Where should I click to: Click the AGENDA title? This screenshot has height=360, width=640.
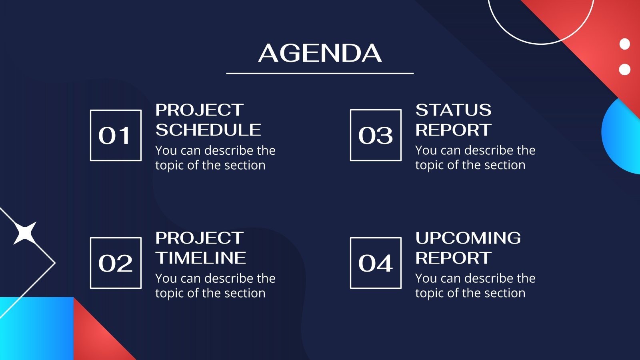320,53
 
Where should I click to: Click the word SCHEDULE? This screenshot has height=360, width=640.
208,130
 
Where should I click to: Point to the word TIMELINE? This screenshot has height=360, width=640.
200,258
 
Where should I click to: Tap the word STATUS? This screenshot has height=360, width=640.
454,110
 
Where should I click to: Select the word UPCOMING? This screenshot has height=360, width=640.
468,238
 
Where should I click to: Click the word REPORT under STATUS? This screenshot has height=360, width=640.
454,130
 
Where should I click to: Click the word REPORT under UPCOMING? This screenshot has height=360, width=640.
454,258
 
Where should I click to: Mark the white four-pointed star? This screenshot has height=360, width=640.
25,233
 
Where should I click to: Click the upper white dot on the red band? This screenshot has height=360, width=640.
624,44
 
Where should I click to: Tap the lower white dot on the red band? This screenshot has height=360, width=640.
624,70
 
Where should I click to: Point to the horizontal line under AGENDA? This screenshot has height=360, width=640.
320,74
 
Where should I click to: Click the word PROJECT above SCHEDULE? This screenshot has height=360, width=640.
200,110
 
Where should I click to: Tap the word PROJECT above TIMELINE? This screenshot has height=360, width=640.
200,238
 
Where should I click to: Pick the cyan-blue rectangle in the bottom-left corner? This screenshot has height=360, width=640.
37,328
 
